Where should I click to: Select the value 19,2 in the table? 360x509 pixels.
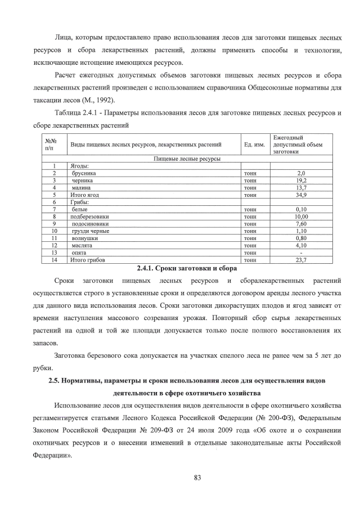(301, 181)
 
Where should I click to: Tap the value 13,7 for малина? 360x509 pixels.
(301, 187)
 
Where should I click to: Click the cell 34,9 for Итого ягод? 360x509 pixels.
(301, 195)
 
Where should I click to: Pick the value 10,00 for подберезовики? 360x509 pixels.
(301, 217)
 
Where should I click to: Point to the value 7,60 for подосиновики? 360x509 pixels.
(301, 224)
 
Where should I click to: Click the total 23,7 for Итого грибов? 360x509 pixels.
(301, 260)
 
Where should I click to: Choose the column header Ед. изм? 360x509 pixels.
(254, 145)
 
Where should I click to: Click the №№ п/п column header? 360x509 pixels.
(51, 145)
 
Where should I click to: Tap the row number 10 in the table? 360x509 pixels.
(55, 231)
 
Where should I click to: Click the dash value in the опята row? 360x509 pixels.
(301, 253)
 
